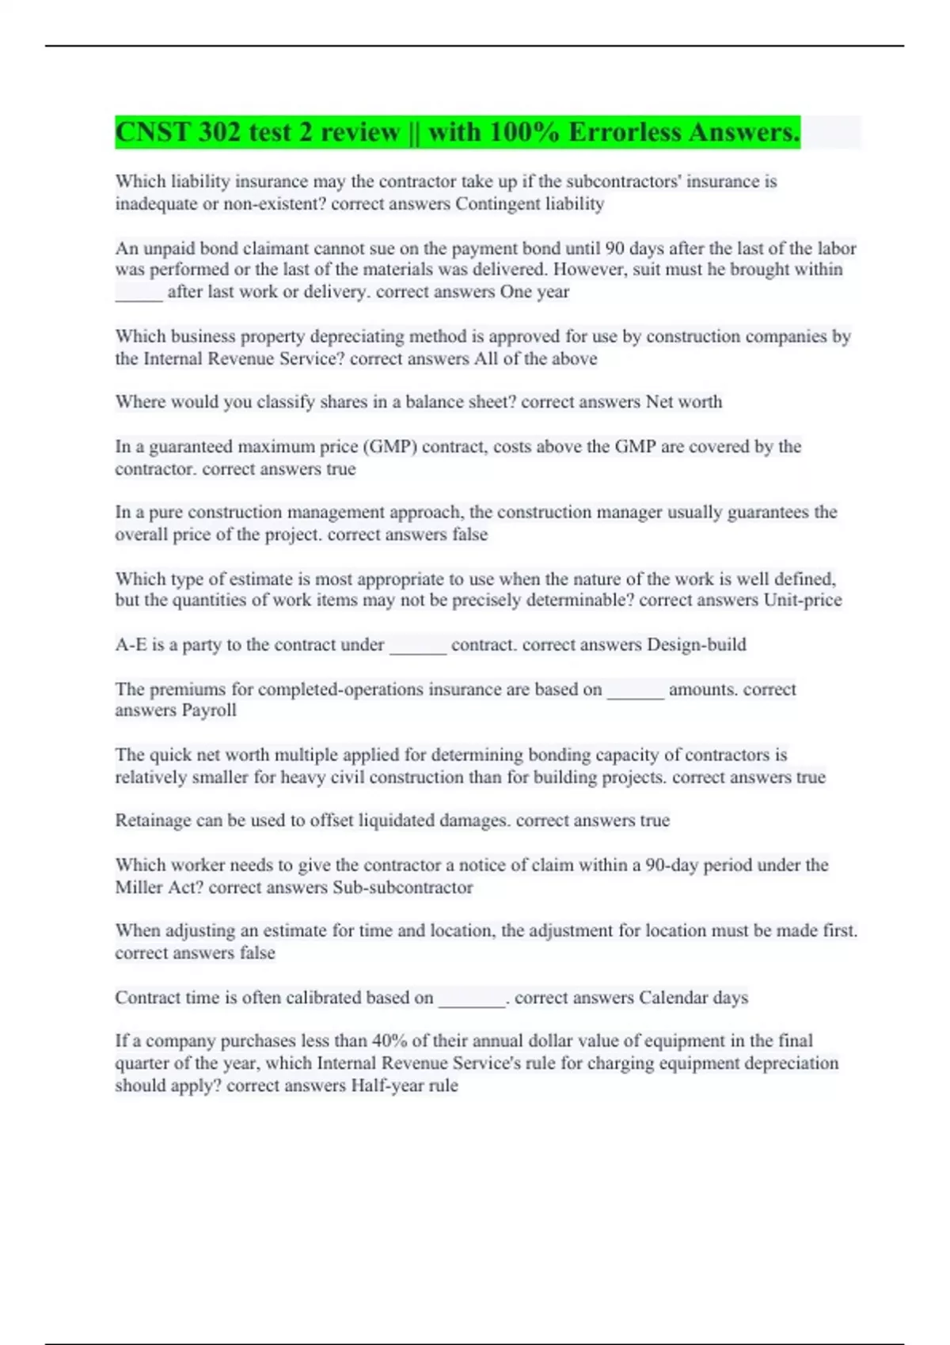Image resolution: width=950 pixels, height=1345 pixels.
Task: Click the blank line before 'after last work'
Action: (x=139, y=294)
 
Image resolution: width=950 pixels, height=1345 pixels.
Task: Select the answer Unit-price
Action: (x=803, y=601)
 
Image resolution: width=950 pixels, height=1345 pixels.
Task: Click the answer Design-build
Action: (x=697, y=645)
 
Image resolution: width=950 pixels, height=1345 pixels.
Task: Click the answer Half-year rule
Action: (x=405, y=1085)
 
